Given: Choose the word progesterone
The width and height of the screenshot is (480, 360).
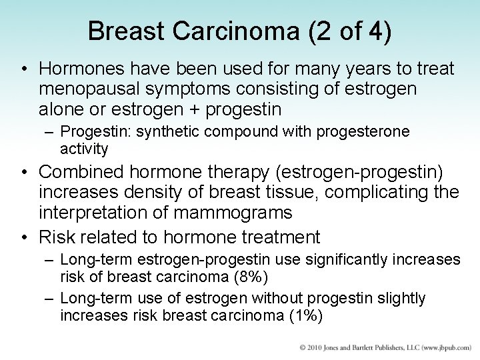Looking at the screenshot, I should pos(364,133).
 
